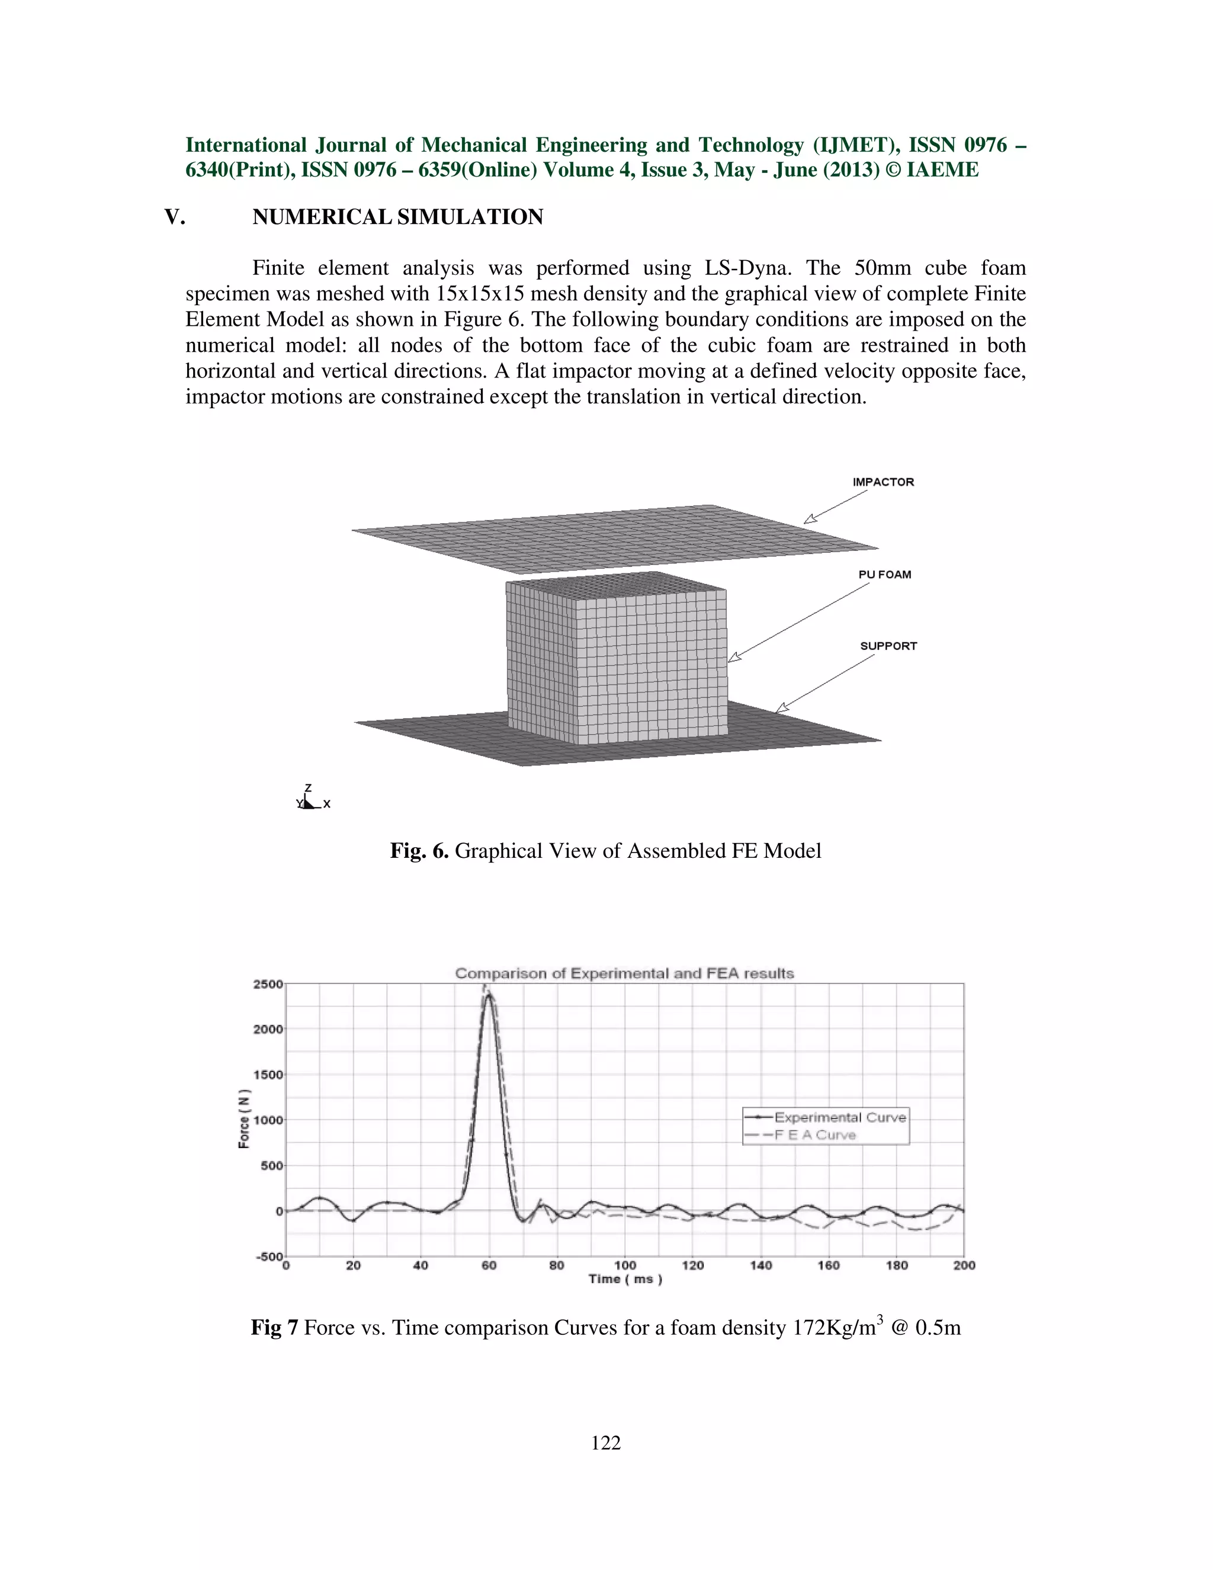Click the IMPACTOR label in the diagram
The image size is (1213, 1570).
883,482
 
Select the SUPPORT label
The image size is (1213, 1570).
888,646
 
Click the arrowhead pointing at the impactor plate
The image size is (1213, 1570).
810,518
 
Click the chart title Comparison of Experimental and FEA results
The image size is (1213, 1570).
624,973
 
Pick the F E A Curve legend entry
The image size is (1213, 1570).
814,1135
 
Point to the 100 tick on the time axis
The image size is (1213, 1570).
624,1265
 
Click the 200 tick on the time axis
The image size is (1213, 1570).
964,1265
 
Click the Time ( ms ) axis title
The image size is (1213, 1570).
624,1279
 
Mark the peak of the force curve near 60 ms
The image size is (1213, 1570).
489,995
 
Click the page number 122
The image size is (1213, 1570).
606,1442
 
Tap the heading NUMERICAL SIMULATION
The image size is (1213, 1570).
397,217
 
